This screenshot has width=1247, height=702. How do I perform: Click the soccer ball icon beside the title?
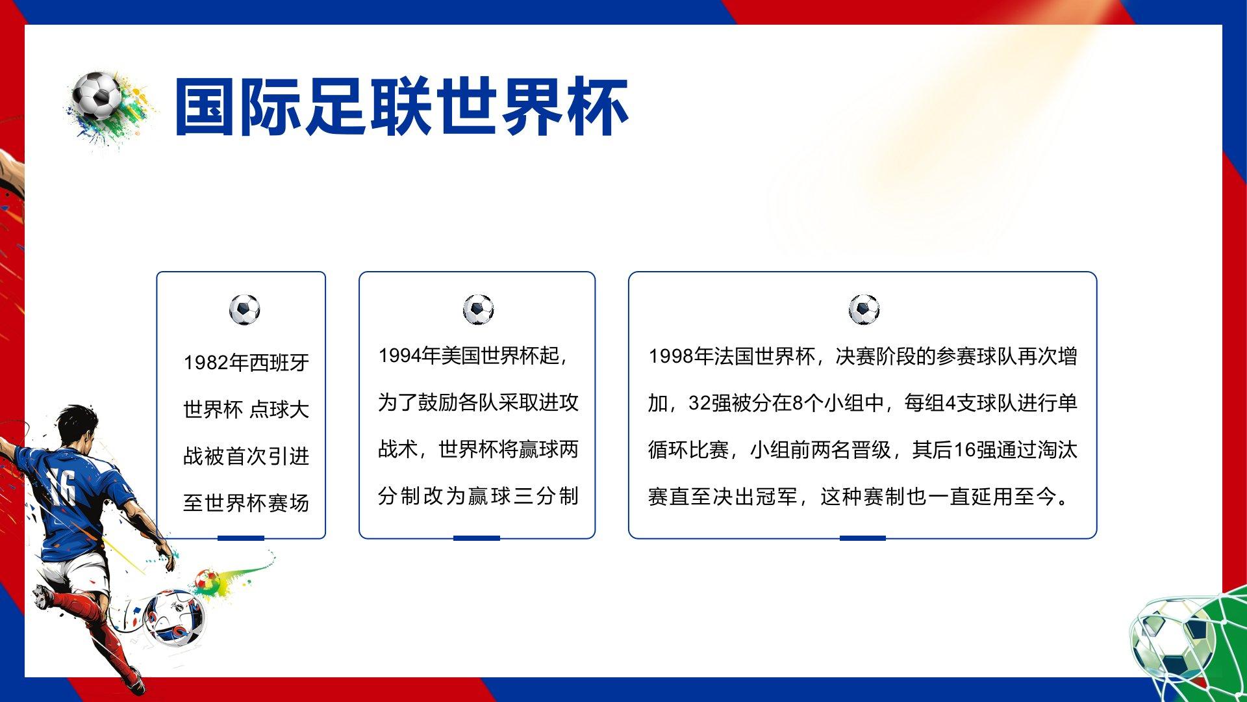[97, 95]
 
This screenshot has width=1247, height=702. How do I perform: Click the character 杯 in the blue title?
[597, 107]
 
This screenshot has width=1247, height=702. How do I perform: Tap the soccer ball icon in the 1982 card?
[245, 309]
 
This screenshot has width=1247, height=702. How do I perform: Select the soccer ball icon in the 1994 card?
[478, 309]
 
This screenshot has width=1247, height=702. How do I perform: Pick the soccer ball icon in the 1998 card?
[864, 309]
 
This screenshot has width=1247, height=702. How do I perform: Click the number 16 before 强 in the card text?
[965, 450]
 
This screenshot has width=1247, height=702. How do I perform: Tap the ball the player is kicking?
[173, 617]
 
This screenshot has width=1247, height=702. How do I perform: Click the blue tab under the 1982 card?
[241, 538]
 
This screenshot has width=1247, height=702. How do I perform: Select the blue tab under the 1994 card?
[477, 538]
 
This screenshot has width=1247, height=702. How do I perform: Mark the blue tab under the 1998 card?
[863, 538]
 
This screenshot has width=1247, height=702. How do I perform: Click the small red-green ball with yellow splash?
[207, 580]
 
